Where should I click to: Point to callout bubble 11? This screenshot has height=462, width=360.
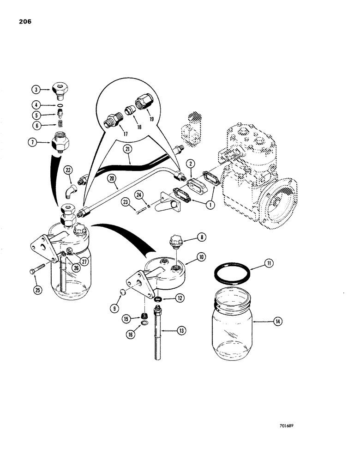(268, 264)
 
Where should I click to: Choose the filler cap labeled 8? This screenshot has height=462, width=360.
(175, 241)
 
